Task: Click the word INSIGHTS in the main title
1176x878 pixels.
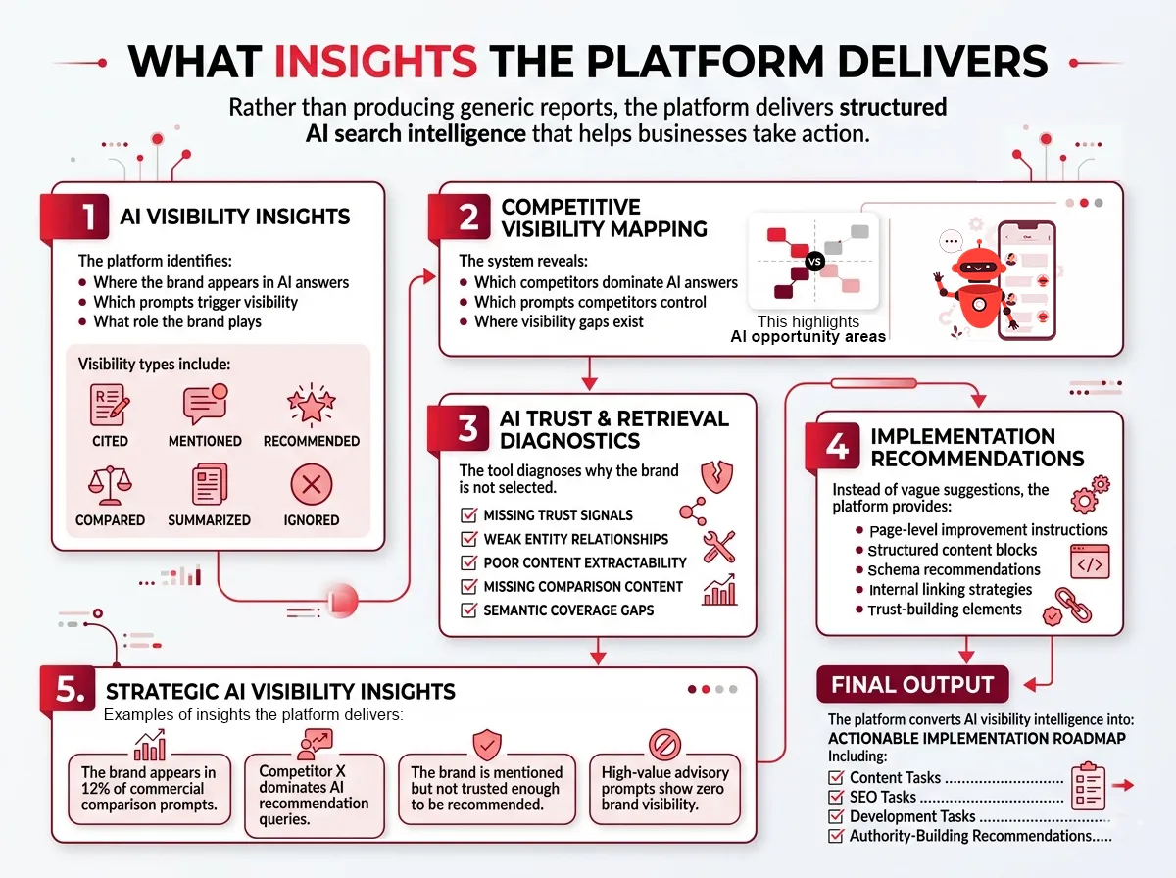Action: coord(375,61)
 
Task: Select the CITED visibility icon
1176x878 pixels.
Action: coord(110,405)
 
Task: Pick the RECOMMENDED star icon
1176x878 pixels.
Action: coord(311,404)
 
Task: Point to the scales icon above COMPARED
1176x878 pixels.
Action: coord(110,483)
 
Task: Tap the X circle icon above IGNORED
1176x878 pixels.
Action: coord(312,483)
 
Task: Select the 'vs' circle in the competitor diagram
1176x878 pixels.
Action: coord(811,262)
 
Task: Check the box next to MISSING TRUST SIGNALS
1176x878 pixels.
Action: coord(468,515)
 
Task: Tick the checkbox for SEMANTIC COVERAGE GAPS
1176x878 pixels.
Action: coord(468,610)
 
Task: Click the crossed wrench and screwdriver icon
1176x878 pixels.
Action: coord(720,546)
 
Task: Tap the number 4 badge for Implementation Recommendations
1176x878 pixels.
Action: coord(837,447)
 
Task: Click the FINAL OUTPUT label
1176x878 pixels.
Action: coord(912,685)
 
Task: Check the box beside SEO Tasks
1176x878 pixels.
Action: coord(836,798)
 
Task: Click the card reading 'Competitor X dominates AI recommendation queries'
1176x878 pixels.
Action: coord(314,794)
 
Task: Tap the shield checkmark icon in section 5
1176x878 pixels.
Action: coord(487,744)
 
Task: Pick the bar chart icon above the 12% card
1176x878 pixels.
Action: coord(149,747)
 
